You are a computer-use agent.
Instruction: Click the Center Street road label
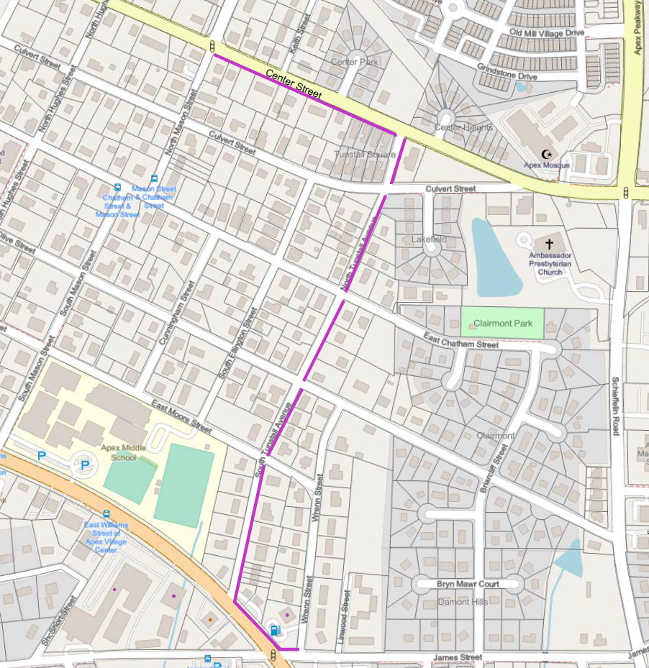pos(294,84)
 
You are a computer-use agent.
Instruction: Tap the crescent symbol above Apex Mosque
pos(547,155)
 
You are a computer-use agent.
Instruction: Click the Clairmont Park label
pos(503,324)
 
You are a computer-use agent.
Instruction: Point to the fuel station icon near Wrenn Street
pos(274,630)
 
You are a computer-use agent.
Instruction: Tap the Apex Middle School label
pos(119,452)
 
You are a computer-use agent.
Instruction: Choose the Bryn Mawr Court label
pos(468,584)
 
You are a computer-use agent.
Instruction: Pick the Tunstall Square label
pos(365,155)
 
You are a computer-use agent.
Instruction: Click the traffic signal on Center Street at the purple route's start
pos(213,46)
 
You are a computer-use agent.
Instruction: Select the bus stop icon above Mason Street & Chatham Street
pos(153,179)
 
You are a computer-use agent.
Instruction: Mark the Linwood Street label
pos(346,608)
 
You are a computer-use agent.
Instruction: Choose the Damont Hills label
pos(463,601)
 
